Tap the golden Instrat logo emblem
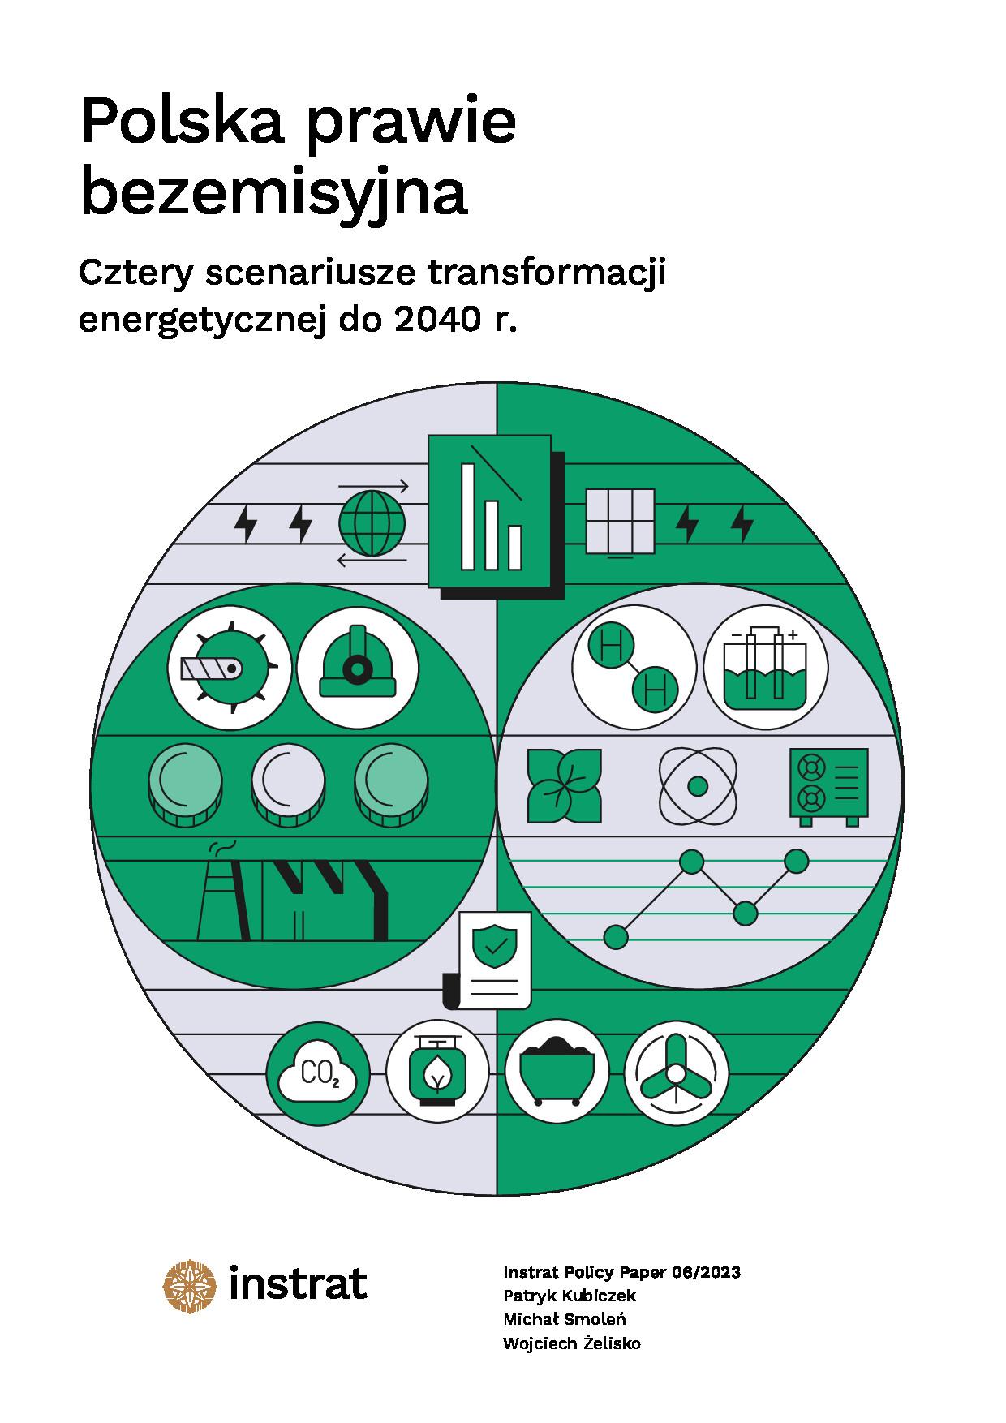click(191, 1285)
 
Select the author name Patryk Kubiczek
click(569, 1296)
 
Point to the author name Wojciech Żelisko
click(571, 1343)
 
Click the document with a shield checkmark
click(492, 957)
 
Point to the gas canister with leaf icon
click(438, 1075)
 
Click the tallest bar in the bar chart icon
click(468, 516)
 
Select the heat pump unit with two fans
click(828, 785)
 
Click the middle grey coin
click(288, 781)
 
